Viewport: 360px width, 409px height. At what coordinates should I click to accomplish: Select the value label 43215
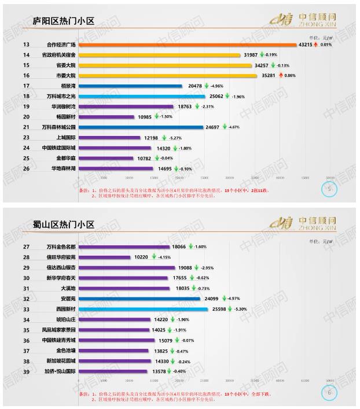point(306,45)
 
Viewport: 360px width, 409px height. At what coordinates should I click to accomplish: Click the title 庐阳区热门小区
point(63,22)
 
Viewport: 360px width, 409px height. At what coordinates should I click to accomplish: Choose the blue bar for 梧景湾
point(130,86)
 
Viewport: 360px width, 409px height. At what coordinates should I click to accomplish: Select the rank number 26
point(27,168)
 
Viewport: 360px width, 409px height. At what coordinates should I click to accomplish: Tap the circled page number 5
point(329,189)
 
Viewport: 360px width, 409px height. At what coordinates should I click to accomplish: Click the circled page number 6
point(329,392)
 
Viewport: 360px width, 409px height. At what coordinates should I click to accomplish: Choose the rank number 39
point(27,371)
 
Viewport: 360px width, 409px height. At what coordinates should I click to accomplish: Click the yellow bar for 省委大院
point(168,65)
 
